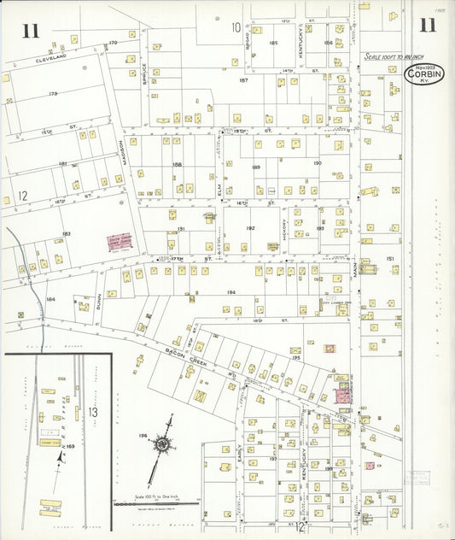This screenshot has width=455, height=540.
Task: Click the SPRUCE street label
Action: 144,73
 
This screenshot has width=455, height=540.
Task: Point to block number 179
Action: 52,93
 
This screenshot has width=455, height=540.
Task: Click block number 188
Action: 177,165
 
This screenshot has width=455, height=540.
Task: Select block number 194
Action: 230,292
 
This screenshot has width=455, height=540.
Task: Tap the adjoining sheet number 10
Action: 236,27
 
